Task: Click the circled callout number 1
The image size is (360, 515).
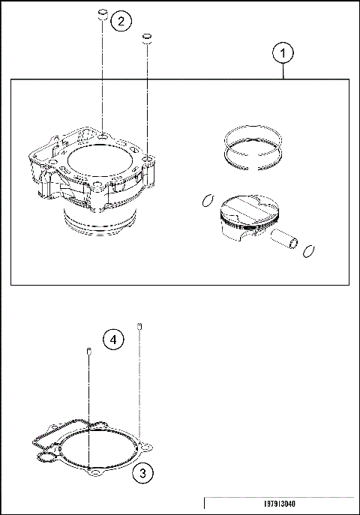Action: click(x=282, y=53)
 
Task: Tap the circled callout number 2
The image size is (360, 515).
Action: click(x=121, y=21)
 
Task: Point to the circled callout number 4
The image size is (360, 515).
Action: click(x=112, y=340)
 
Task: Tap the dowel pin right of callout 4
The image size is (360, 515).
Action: click(x=139, y=325)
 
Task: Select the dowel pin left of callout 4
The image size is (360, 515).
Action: click(x=89, y=352)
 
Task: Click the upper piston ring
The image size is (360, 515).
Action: click(x=252, y=135)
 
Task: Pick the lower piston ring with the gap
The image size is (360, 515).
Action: click(x=253, y=155)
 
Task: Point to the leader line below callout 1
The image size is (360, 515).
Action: click(x=282, y=70)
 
